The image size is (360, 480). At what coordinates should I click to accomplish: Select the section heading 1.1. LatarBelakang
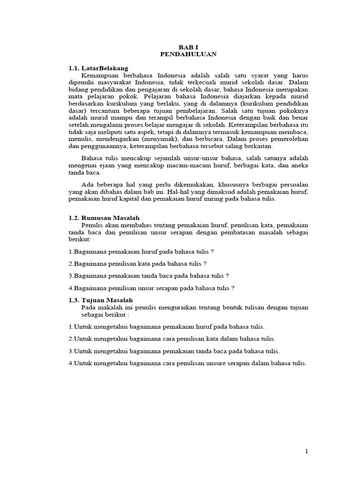(x=98, y=68)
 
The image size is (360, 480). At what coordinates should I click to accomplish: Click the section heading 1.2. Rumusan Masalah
(x=104, y=218)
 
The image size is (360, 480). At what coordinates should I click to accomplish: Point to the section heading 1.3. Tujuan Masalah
(x=101, y=300)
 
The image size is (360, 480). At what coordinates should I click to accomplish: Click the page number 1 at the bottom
(x=307, y=451)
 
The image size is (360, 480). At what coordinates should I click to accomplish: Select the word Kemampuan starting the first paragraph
(x=101, y=75)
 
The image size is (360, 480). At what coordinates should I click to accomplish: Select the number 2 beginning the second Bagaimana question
(x=70, y=263)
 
